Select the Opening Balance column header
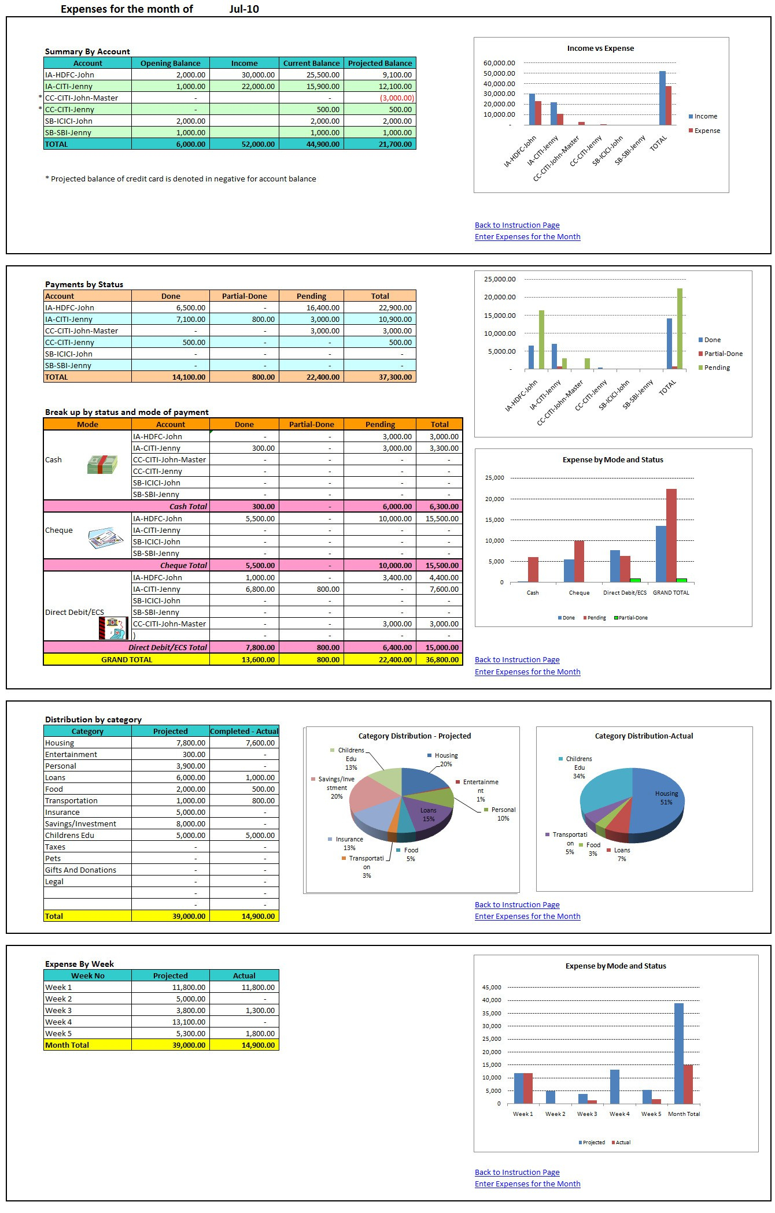pyautogui.click(x=170, y=63)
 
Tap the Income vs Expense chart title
pyautogui.click(x=600, y=49)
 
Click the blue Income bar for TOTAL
pyautogui.click(x=662, y=98)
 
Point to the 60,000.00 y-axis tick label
pyautogui.click(x=499, y=63)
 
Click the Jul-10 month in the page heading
pyautogui.click(x=244, y=9)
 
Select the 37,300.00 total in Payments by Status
pyautogui.click(x=396, y=377)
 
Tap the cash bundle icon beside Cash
pyautogui.click(x=102, y=465)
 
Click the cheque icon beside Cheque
pyautogui.click(x=105, y=538)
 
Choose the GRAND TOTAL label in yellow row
pyautogui.click(x=127, y=659)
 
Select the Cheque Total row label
pyautogui.click(x=183, y=565)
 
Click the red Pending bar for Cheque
pyautogui.click(x=579, y=561)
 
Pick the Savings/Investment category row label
pyautogui.click(x=81, y=823)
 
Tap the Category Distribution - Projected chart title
pyautogui.click(x=414, y=736)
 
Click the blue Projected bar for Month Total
pyautogui.click(x=679, y=1054)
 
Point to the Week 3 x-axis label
pyautogui.click(x=587, y=1114)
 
